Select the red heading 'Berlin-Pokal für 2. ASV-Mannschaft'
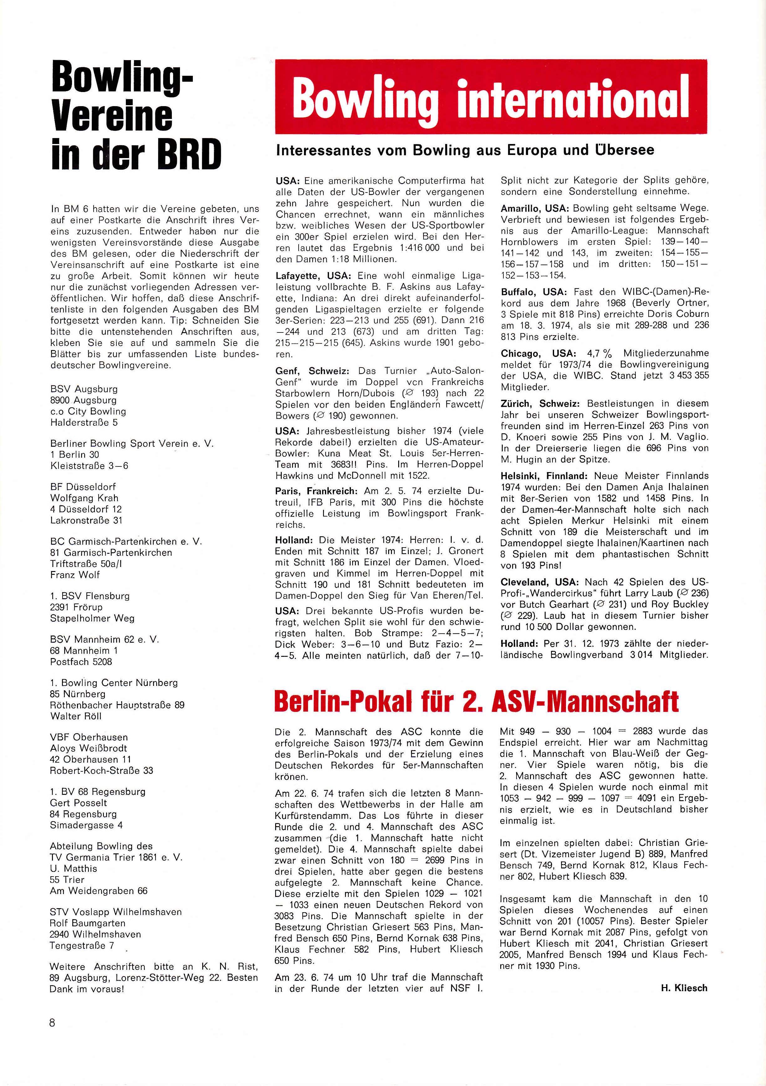pos(476,702)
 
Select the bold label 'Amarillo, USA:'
pos(535,208)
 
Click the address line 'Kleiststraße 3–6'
pos(89,466)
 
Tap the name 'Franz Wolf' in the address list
pos(75,575)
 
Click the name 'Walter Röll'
pos(76,716)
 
